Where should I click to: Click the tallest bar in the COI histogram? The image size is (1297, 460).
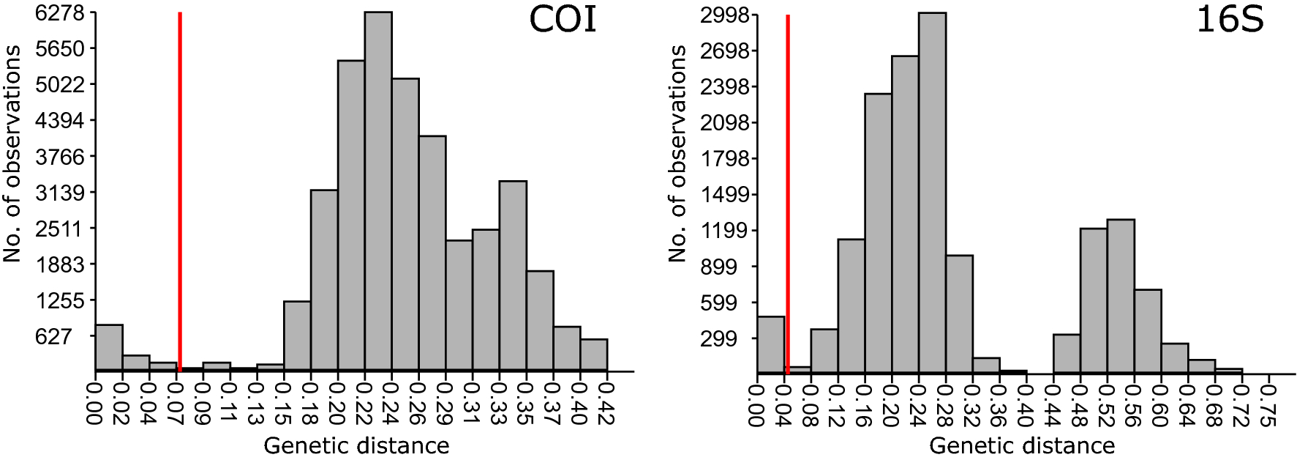[x=378, y=190]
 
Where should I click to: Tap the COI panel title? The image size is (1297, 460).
[x=563, y=20]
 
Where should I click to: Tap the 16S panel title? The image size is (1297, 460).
[x=1229, y=20]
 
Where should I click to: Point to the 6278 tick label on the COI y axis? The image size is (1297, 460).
[x=60, y=13]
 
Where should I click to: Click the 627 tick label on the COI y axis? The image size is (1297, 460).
[x=54, y=336]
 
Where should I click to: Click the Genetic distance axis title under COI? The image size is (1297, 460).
[x=356, y=445]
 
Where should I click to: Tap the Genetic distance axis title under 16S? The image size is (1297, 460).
[x=1022, y=445]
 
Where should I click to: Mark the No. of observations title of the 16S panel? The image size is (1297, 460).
[x=677, y=153]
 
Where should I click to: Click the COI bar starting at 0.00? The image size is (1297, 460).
[x=109, y=347]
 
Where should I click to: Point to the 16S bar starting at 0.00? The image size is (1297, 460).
[x=771, y=344]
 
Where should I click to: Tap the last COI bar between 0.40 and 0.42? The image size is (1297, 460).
[x=593, y=355]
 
